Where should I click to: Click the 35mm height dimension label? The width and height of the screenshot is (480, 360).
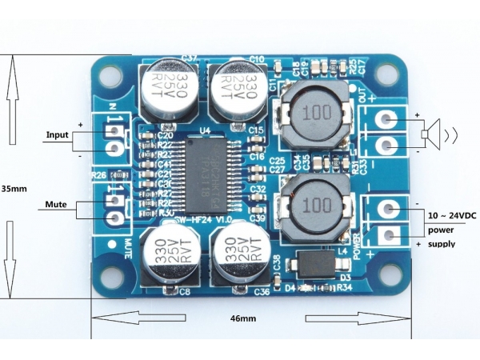(14, 190)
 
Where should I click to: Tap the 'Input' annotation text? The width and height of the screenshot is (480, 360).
(58, 134)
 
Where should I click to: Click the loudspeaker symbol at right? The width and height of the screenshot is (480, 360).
(437, 132)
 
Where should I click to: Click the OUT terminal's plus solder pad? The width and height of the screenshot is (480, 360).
(388, 119)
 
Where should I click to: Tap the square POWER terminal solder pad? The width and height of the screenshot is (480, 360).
(389, 235)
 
